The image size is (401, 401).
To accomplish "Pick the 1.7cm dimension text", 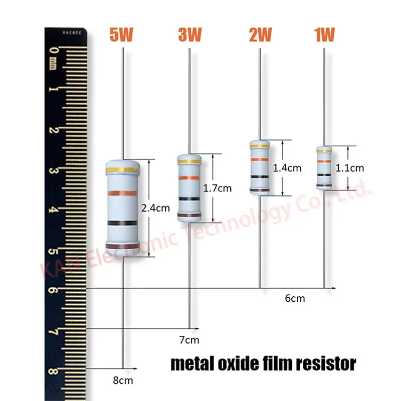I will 218,188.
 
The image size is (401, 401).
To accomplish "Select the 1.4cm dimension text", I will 287,168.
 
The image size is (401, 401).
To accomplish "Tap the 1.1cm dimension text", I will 350,168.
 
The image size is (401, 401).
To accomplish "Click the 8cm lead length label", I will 123,380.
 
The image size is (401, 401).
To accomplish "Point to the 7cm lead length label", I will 189,341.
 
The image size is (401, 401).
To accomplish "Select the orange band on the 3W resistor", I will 189,179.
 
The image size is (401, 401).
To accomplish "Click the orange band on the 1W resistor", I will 324,161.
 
